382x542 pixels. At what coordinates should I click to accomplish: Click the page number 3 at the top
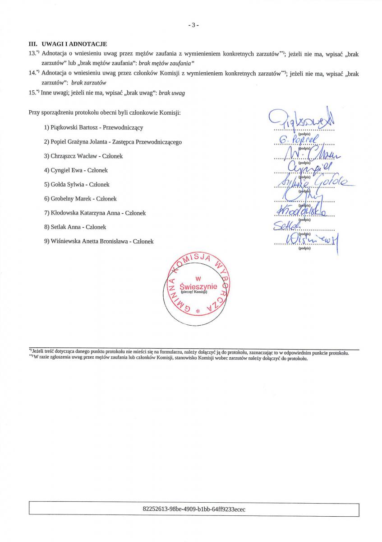pyautogui.click(x=193, y=25)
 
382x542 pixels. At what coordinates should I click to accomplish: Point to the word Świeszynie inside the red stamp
pyautogui.click(x=198, y=286)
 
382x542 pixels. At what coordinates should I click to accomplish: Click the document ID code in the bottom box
pyautogui.click(x=194, y=509)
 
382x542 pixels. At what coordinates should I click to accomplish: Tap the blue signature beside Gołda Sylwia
pyautogui.click(x=311, y=182)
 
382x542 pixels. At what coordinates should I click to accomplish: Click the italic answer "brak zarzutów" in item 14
pyautogui.click(x=88, y=83)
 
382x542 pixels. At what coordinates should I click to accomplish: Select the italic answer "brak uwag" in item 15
pyautogui.click(x=172, y=93)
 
